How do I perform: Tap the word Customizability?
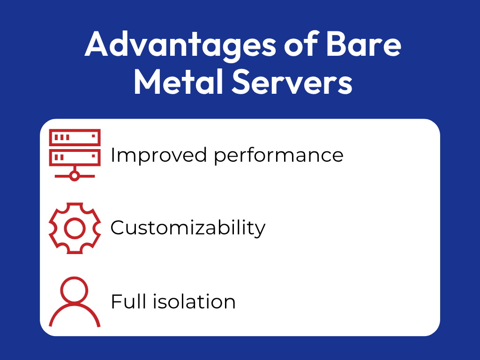coord(187,228)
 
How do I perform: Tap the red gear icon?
coord(75,228)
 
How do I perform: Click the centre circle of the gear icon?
coord(75,228)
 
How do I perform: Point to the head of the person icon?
coord(75,290)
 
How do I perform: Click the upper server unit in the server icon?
coord(75,137)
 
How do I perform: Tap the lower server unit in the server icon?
coord(75,156)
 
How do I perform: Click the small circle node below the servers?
coord(75,176)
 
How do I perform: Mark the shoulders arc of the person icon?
coord(75,313)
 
